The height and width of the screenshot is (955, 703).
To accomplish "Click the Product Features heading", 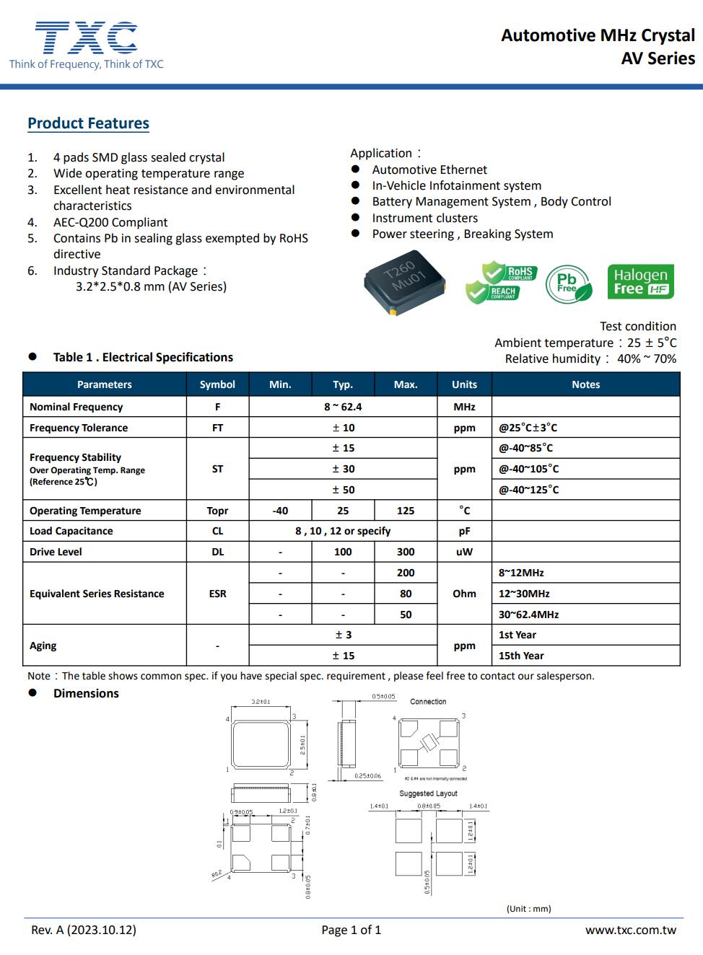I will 88,123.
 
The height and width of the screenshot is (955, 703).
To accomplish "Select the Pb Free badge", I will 568,283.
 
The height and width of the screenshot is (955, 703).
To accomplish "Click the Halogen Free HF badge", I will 640,282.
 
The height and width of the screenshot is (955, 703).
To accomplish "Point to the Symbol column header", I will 217,384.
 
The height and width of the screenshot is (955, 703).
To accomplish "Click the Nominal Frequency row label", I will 77,407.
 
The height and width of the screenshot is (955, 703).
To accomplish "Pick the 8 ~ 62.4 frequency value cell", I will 343,407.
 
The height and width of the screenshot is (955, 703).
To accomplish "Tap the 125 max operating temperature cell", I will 406,511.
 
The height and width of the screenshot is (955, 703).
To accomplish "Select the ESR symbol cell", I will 217,594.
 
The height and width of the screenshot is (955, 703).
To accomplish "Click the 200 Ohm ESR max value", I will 406,573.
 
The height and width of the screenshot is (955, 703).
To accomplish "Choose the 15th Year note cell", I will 521,656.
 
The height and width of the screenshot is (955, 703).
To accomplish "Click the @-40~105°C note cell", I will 529,469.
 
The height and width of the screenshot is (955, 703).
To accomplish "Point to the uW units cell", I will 464,552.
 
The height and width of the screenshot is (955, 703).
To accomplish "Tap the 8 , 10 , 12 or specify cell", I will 343,531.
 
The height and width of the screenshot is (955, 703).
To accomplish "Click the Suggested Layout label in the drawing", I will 428,793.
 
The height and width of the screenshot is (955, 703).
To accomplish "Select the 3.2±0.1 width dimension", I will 261,702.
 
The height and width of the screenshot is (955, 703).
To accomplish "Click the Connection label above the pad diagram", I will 428,702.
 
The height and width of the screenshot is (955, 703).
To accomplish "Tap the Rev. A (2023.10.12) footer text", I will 84,930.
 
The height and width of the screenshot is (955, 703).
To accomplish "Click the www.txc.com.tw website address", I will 630,930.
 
